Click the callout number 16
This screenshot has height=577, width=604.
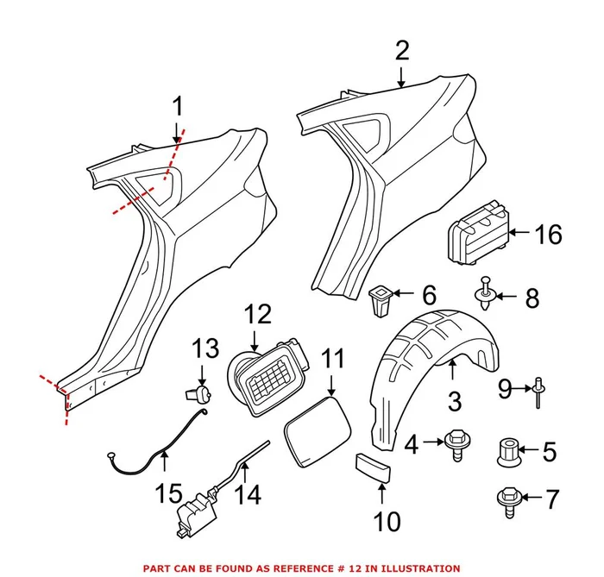(x=548, y=234)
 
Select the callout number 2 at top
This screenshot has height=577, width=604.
(x=402, y=51)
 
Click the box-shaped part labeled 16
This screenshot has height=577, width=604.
(x=477, y=233)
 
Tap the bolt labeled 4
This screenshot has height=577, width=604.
(x=456, y=442)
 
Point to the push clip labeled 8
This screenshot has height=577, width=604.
(x=488, y=296)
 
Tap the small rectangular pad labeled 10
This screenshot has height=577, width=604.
(x=373, y=468)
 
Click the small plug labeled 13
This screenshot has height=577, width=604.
(x=196, y=394)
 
